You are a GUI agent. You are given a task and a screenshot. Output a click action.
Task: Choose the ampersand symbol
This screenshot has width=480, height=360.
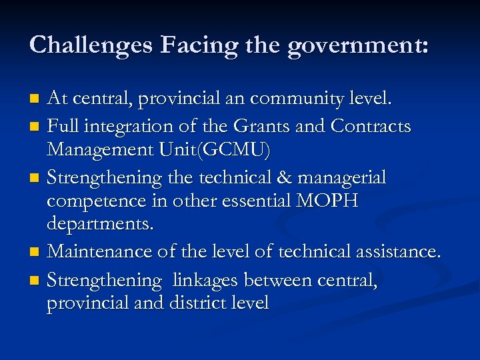click(264, 177)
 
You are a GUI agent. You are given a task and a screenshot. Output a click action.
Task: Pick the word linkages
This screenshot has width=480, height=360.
click(207, 281)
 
